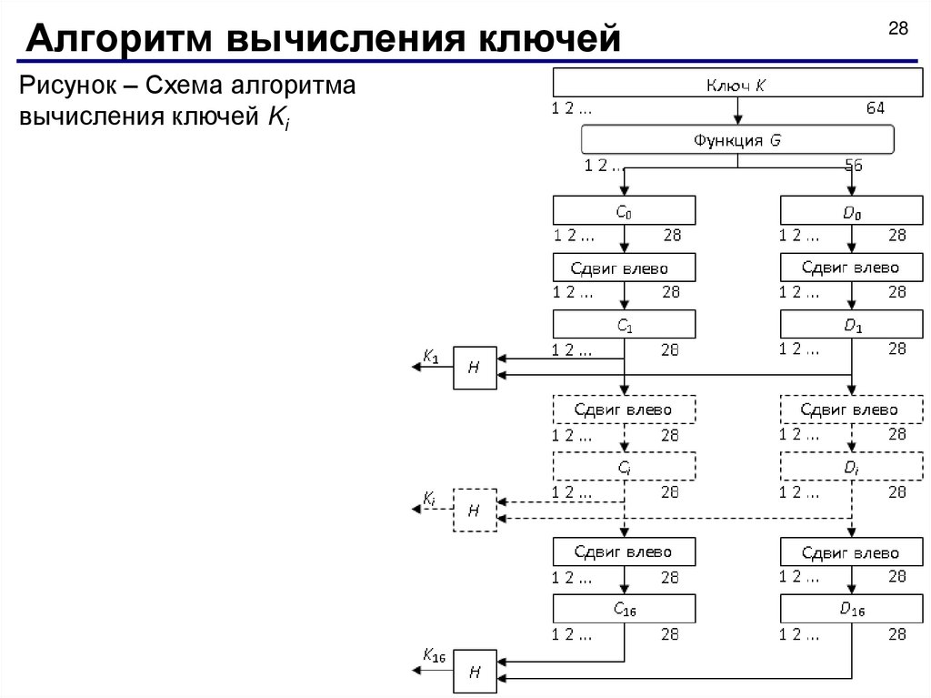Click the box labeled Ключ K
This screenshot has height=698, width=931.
(736, 85)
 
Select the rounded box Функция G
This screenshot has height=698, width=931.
(736, 140)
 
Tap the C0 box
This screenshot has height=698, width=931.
(624, 211)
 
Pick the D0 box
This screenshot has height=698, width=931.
(851, 211)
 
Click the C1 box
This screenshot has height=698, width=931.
(624, 324)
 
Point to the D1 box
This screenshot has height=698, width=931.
(851, 324)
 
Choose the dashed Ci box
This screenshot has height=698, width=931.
(624, 468)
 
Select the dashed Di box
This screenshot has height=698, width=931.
(851, 468)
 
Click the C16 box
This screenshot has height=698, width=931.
(624, 609)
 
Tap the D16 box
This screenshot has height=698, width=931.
(851, 609)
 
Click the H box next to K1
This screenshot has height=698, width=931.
(475, 368)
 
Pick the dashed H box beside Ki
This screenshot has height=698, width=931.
(475, 511)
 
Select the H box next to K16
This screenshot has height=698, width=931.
(475, 672)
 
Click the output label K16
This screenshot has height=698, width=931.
(433, 655)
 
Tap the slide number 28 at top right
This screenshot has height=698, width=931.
(897, 29)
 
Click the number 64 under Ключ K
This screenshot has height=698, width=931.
(875, 107)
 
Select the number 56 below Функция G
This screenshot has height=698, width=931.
(853, 166)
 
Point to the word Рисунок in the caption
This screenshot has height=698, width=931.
(66, 87)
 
